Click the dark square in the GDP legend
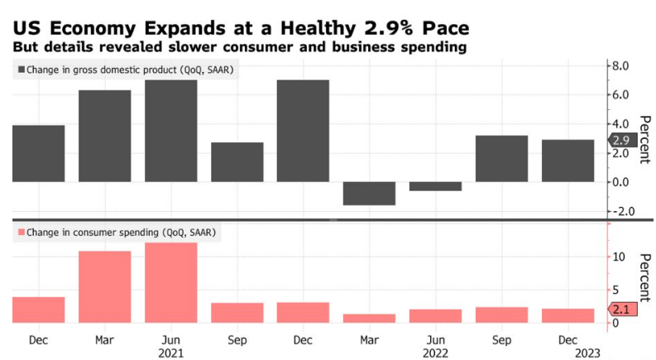pos(20,70)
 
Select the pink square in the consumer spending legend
pos(20,233)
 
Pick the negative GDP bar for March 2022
pos(370,193)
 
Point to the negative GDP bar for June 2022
pos(436,186)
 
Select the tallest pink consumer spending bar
pos(171,282)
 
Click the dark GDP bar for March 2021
pos(105,136)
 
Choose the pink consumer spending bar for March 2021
pos(105,286)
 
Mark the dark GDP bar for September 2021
pos(237,162)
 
